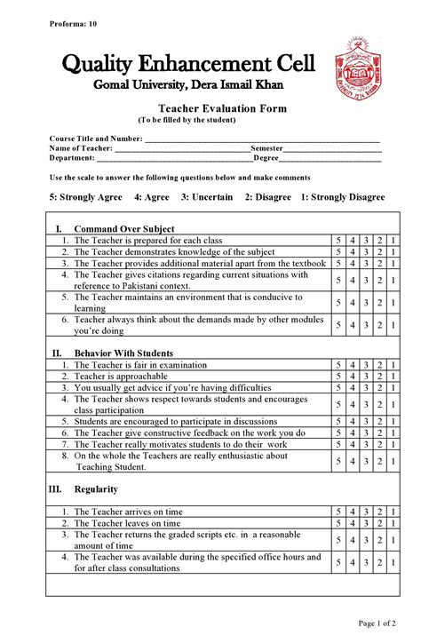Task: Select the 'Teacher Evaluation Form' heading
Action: pos(210,108)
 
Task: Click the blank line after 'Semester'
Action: pos(332,148)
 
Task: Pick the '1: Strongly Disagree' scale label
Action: pos(342,197)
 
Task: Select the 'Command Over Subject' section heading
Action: pos(123,229)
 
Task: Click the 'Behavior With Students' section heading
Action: pos(123,353)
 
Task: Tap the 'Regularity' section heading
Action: pos(96,489)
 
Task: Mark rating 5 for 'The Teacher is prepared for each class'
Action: pos(338,241)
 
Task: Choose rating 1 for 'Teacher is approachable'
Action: pos(393,377)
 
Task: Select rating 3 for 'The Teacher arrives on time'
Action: pos(366,512)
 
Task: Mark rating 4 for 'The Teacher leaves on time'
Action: pos(352,524)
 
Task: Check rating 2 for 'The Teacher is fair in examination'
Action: pos(380,365)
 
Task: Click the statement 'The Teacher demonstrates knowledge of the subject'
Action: pos(174,252)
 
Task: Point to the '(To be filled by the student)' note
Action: pos(187,119)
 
